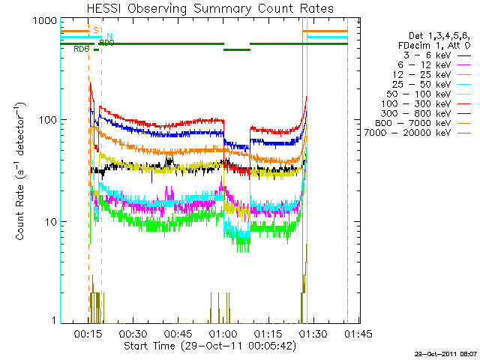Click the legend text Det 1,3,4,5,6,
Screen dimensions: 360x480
coord(436,35)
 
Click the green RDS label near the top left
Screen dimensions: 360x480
coord(81,49)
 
